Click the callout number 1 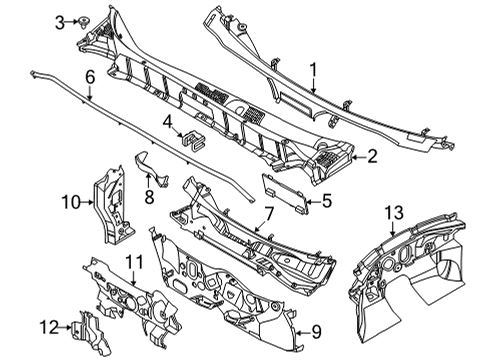312,70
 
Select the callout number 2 372,155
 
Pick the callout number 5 326,201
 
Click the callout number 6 90,76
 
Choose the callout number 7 268,213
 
